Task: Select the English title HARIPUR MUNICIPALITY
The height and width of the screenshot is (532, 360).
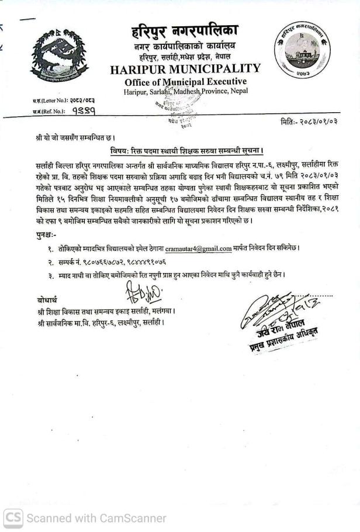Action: (x=185, y=70)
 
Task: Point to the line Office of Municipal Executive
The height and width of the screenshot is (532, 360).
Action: (x=185, y=81)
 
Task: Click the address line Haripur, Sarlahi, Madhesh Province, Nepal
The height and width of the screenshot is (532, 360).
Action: (x=185, y=91)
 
